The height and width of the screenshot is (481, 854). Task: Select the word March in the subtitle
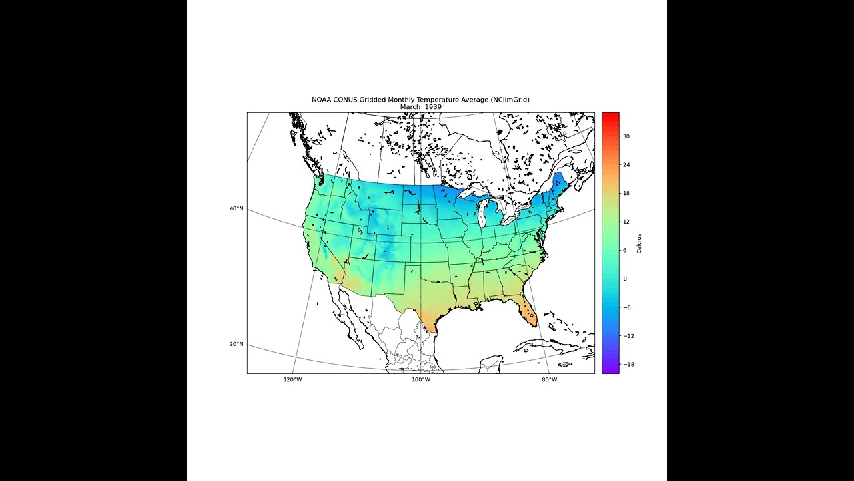[410, 107]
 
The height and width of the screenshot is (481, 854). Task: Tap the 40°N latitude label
[236, 209]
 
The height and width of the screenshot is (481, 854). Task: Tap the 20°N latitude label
[236, 345]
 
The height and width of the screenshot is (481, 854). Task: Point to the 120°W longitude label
[292, 380]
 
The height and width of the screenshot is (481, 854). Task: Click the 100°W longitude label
[420, 380]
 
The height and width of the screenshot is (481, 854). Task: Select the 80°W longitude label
[549, 380]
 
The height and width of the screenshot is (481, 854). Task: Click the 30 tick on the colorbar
[626, 136]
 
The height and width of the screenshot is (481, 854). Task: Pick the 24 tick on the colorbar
[626, 165]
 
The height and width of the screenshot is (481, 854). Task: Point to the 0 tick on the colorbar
[625, 279]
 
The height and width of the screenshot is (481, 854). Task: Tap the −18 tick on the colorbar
[628, 365]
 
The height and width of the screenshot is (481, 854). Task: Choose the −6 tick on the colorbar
[628, 307]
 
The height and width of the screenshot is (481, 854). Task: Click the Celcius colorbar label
[639, 243]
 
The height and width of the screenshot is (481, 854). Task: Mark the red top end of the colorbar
[610, 116]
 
